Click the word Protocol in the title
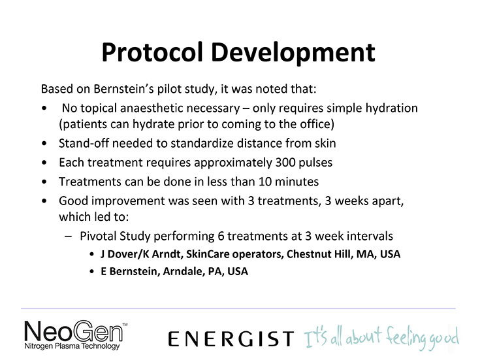pyautogui.click(x=152, y=53)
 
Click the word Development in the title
pyautogui.click(x=293, y=53)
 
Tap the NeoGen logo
pyautogui.click(x=75, y=335)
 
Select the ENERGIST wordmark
pyautogui.click(x=231, y=338)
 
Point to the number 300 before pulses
pyautogui.click(x=285, y=163)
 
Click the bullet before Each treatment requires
pyautogui.click(x=44, y=163)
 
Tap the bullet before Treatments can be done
pyautogui.click(x=44, y=182)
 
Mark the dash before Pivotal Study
pyautogui.click(x=69, y=237)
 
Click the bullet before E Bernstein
pyautogui.click(x=91, y=271)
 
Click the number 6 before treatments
pyautogui.click(x=221, y=236)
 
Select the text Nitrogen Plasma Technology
pyautogui.click(x=72, y=346)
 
